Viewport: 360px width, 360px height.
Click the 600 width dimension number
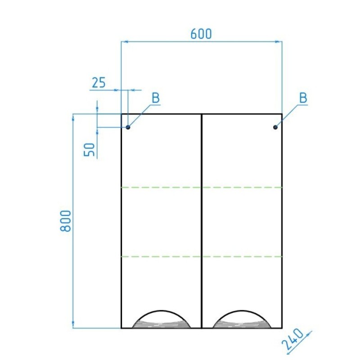[x=201, y=34]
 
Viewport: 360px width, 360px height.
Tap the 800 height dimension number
[x=65, y=221]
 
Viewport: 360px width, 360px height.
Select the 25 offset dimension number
[x=99, y=83]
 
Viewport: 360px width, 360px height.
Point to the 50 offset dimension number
[x=89, y=149]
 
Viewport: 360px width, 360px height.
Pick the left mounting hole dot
[x=128, y=127]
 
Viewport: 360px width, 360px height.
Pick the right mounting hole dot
[x=275, y=127]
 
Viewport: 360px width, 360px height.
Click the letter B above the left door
[x=156, y=98]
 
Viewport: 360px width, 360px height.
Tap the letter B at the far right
[x=303, y=98]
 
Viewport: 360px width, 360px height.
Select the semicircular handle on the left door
[x=161, y=311]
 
